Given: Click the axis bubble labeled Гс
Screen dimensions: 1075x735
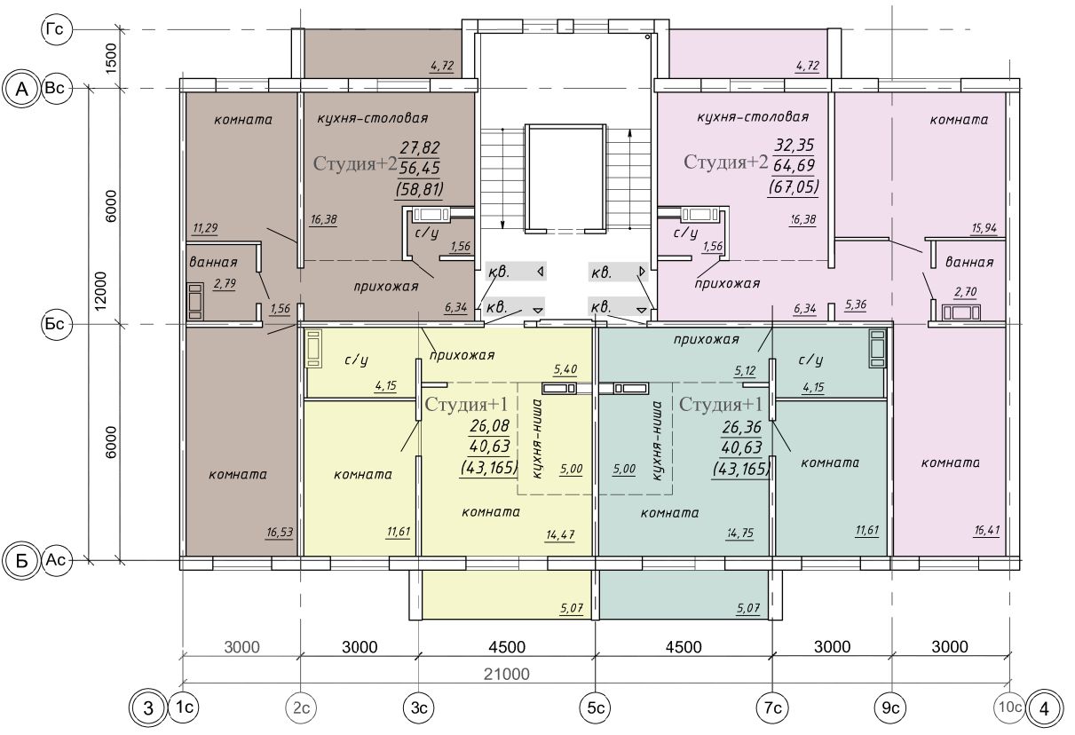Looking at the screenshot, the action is pyautogui.click(x=56, y=30).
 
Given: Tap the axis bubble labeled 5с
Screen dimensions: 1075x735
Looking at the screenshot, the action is pyautogui.click(x=596, y=707).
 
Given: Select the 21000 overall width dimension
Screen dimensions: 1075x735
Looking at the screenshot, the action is pyautogui.click(x=506, y=674).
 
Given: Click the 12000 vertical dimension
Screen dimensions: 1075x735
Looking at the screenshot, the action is pyautogui.click(x=100, y=291).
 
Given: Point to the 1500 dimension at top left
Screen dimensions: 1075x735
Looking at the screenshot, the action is pyautogui.click(x=111, y=58).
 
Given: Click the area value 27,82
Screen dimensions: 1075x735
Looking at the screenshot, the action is pyautogui.click(x=420, y=148).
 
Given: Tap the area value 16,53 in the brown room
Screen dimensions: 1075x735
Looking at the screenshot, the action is pyautogui.click(x=280, y=532).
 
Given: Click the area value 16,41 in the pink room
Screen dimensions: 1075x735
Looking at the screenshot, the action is pyautogui.click(x=987, y=530).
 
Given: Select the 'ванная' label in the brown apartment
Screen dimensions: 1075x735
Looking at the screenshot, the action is pyautogui.click(x=214, y=262).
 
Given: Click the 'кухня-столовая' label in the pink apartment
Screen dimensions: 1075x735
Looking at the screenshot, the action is pyautogui.click(x=753, y=116).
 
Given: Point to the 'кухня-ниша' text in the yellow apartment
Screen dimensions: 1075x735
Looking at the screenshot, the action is pyautogui.click(x=538, y=439).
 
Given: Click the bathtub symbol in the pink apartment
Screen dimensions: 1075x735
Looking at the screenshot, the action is pyautogui.click(x=960, y=312).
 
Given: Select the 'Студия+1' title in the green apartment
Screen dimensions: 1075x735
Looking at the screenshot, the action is pyautogui.click(x=720, y=405).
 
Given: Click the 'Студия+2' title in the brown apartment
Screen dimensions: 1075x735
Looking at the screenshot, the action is pyautogui.click(x=355, y=163).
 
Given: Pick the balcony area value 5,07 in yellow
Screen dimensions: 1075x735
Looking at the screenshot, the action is pyautogui.click(x=571, y=608).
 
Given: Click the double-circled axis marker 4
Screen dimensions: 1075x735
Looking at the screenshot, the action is pyautogui.click(x=1044, y=708).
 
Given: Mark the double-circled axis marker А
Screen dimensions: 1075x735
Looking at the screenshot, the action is pyautogui.click(x=21, y=90).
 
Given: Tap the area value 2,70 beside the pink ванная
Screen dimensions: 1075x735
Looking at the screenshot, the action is pyautogui.click(x=966, y=292).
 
